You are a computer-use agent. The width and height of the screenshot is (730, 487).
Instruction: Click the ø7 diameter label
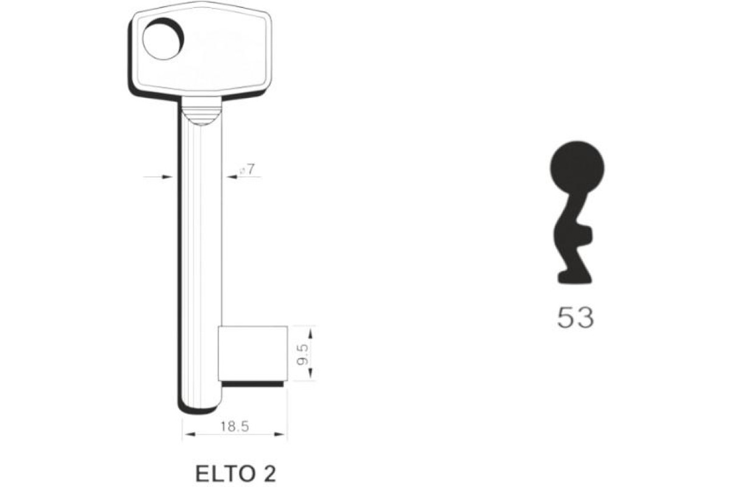tap(247, 170)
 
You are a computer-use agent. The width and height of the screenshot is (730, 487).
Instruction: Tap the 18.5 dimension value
tap(235, 427)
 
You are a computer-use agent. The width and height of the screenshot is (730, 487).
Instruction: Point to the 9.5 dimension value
tap(302, 355)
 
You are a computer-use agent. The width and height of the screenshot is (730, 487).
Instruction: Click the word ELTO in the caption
tap(224, 474)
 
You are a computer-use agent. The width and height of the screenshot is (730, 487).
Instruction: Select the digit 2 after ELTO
tap(269, 474)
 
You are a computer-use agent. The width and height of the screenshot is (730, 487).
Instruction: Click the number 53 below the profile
tap(575, 318)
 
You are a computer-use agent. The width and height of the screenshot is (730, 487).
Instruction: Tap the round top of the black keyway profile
tap(577, 168)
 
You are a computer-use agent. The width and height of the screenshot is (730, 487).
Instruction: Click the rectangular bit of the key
tap(253, 353)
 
